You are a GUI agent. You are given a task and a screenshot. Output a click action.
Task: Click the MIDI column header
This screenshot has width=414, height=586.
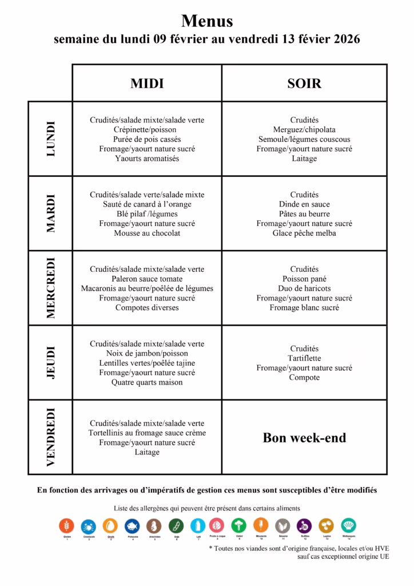[147, 84]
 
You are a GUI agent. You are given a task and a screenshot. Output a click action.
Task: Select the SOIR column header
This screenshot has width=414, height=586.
[304, 84]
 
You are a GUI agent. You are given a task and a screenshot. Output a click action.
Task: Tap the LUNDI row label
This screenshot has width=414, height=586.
[51, 138]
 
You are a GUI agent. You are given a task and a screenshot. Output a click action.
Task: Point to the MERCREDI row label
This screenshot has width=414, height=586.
[51, 288]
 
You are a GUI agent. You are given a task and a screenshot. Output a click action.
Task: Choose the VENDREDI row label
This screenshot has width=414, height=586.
[51, 437]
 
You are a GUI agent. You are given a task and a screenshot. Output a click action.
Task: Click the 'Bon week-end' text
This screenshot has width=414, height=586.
[304, 438]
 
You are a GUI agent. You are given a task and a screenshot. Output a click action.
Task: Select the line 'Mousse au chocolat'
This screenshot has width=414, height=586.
[147, 233]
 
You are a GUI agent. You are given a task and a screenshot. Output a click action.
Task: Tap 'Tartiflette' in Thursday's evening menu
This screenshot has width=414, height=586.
[304, 358]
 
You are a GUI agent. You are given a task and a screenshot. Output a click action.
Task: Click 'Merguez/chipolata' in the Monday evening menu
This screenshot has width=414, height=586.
[304, 130]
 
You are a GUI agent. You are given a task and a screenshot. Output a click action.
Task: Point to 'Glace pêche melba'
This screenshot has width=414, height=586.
[304, 233]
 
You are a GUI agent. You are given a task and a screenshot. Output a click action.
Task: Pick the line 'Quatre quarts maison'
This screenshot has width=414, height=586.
[147, 382]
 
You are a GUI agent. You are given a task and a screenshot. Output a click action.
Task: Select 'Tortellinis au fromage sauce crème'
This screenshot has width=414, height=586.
[147, 433]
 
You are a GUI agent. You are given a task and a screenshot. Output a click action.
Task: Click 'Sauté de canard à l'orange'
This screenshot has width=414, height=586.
[147, 204]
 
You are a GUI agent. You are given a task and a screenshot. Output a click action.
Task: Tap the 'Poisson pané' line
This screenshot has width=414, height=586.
[304, 279]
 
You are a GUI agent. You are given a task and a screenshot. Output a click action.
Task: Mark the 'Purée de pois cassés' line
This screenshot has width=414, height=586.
[147, 139]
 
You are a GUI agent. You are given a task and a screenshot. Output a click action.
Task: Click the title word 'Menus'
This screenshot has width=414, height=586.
[207, 21]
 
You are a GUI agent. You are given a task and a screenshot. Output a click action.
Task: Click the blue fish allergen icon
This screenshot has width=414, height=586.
[132, 526]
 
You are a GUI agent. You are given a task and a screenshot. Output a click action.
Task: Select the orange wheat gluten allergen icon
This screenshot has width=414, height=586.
[67, 526]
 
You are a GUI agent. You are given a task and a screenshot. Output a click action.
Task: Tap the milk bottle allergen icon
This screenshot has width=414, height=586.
[197, 526]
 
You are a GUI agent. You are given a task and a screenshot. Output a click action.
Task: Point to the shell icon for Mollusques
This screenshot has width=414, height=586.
[348, 526]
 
